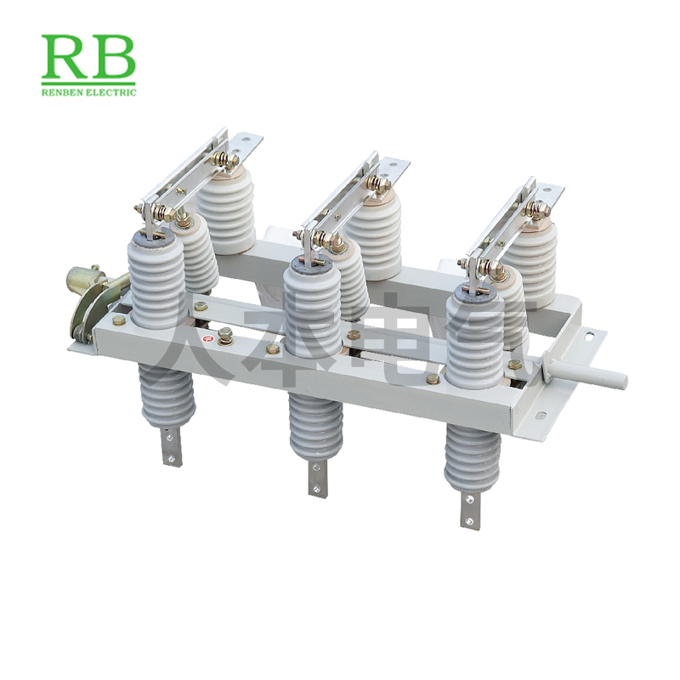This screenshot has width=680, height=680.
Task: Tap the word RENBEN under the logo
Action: pos(64,93)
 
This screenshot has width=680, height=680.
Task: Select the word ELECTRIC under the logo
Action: pos(114,93)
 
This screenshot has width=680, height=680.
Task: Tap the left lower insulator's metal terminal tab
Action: pos(173,445)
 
